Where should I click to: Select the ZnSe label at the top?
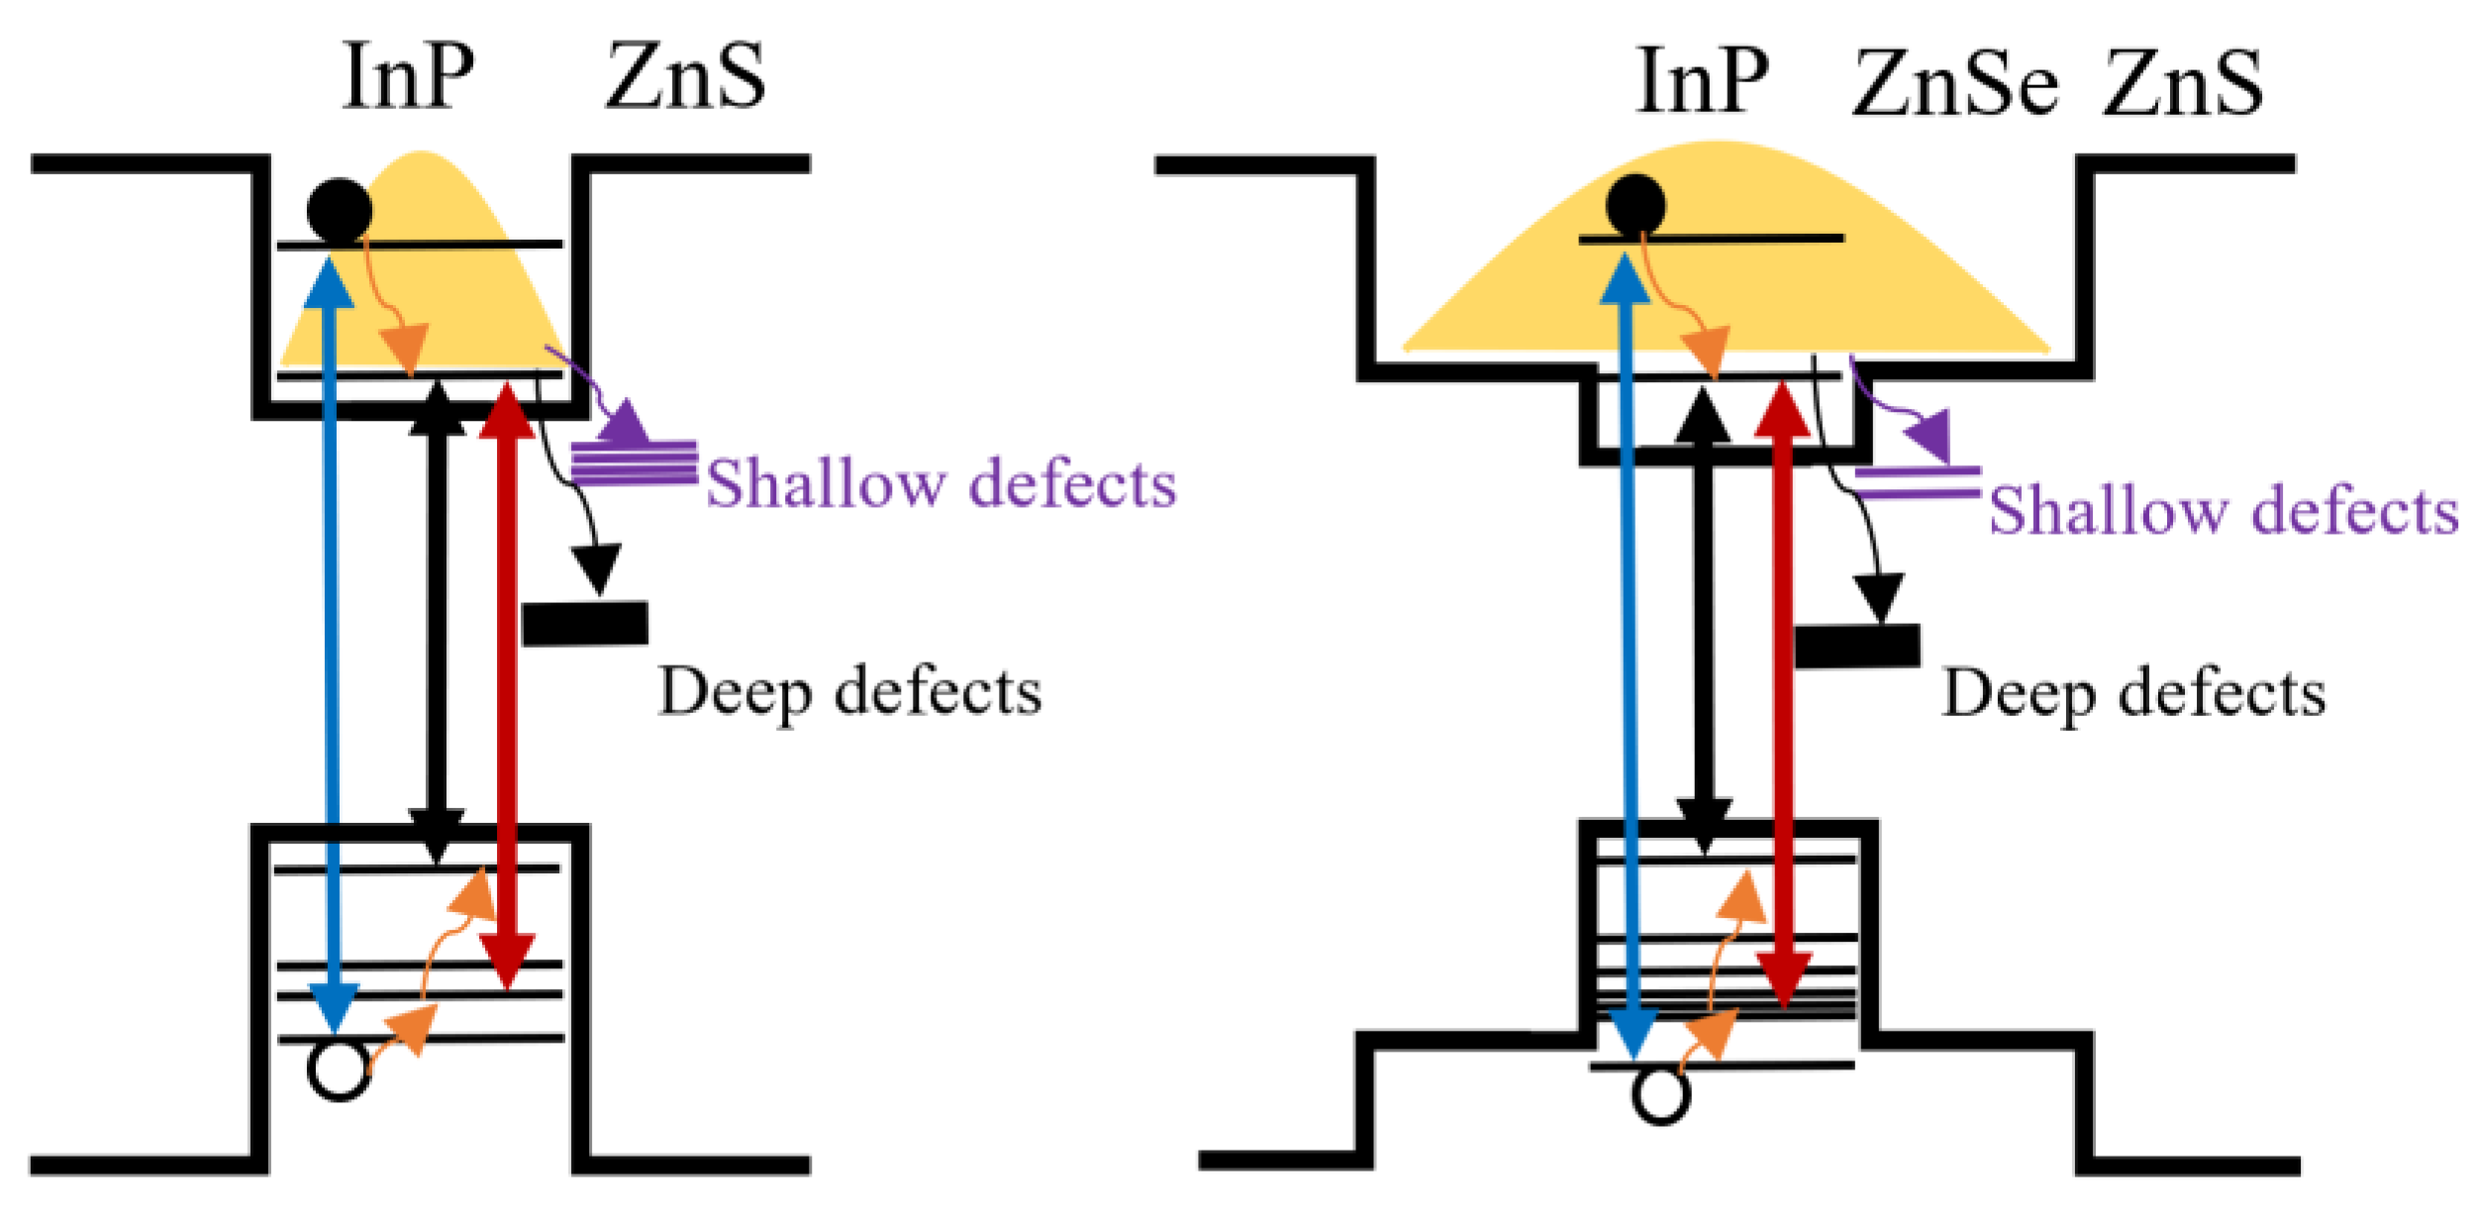[1955, 83]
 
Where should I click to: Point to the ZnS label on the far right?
[2183, 83]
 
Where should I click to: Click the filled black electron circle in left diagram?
[340, 211]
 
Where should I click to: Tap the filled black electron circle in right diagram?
[1635, 206]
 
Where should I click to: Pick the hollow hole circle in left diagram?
[339, 1069]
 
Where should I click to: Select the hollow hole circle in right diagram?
[1660, 1094]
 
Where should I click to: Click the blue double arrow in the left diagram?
[332, 644]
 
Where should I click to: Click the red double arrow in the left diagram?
[507, 683]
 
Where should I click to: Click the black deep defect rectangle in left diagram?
[585, 624]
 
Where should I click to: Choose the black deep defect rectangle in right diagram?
[1857, 646]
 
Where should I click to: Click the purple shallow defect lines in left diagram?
[635, 462]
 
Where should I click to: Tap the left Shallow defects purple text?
[940, 484]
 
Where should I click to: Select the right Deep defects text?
[2133, 693]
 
